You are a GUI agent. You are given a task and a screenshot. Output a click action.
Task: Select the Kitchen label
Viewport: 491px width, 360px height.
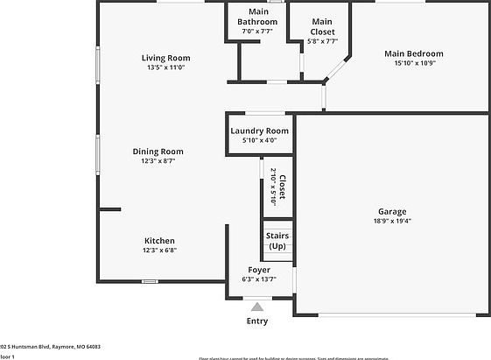click(x=159, y=240)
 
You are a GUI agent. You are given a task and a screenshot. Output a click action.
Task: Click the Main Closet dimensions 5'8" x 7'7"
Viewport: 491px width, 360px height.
click(x=321, y=40)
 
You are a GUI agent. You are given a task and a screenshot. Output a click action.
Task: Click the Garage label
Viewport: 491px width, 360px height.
click(x=391, y=211)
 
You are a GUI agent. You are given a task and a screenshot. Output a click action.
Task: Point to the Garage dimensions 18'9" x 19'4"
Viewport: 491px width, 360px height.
click(x=391, y=221)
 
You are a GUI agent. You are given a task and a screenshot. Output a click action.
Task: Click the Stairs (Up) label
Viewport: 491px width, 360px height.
click(x=277, y=241)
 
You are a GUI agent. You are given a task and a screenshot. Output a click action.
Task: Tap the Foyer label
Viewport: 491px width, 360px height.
click(x=258, y=270)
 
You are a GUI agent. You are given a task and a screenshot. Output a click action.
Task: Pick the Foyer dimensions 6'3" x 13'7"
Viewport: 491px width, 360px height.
click(x=258, y=279)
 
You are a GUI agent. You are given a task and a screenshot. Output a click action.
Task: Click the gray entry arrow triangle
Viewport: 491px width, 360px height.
click(x=257, y=307)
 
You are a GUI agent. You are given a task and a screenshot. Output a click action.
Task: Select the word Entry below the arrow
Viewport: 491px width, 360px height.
click(x=257, y=321)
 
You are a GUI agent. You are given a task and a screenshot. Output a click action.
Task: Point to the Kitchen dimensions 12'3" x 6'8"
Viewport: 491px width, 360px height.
click(x=159, y=251)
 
